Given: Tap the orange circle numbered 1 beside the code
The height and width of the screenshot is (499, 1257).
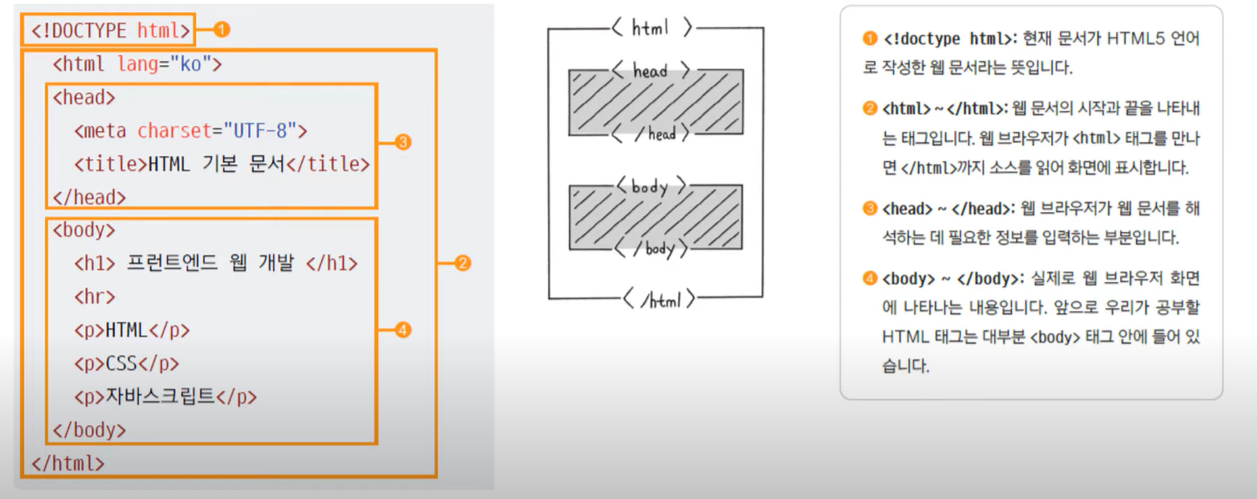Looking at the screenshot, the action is pos(221,30).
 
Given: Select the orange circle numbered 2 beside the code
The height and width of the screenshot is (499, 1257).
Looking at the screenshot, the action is pos(463,264).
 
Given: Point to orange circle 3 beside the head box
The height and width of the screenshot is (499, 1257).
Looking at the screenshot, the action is pos(404,143).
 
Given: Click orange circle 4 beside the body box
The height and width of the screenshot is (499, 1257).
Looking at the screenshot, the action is pos(404,330).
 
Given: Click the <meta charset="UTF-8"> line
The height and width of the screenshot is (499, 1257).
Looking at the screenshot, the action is pos(190,131).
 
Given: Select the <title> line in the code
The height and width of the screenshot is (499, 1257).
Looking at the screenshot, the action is pos(221,164).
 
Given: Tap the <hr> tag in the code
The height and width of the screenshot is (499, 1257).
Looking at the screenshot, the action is pos(94,297).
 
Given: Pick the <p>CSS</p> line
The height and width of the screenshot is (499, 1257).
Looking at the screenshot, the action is pos(126,364).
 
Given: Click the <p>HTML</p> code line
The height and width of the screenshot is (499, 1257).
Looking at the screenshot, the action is pos(132,330).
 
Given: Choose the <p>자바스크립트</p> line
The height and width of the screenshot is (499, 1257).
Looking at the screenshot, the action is pos(164,397).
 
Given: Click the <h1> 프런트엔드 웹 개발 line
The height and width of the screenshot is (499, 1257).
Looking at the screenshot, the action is pos(215,264).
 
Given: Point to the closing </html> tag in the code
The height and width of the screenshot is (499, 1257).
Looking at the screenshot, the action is pos(68,463).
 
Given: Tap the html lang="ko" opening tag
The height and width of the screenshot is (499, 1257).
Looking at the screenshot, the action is pos(137,64).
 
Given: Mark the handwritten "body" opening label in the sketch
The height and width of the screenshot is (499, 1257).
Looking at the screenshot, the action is pos(651,185).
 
